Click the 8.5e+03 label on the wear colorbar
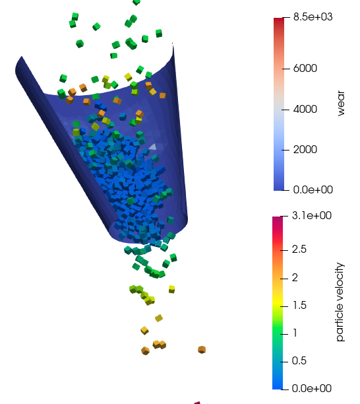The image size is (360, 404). (313, 17)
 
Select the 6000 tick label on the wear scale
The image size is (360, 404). (305, 68)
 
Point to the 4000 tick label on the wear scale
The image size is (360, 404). (305, 109)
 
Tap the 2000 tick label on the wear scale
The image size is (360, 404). (305, 149)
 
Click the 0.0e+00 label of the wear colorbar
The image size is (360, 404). (313, 189)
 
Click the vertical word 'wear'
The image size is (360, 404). (341, 103)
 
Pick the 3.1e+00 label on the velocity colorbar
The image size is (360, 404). (312, 215)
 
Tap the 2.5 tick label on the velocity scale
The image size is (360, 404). (299, 249)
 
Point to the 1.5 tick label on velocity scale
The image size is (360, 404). (299, 306)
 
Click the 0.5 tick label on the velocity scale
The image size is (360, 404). (299, 360)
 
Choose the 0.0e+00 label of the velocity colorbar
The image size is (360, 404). (312, 388)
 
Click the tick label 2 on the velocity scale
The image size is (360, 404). (295, 277)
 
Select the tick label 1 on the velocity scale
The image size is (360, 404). (295, 333)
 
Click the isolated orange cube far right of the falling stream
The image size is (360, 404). (202, 350)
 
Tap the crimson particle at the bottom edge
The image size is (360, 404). (197, 403)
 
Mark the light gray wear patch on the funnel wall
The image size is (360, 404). (153, 147)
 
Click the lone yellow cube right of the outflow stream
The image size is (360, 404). (171, 289)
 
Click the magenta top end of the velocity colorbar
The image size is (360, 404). (278, 219)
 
